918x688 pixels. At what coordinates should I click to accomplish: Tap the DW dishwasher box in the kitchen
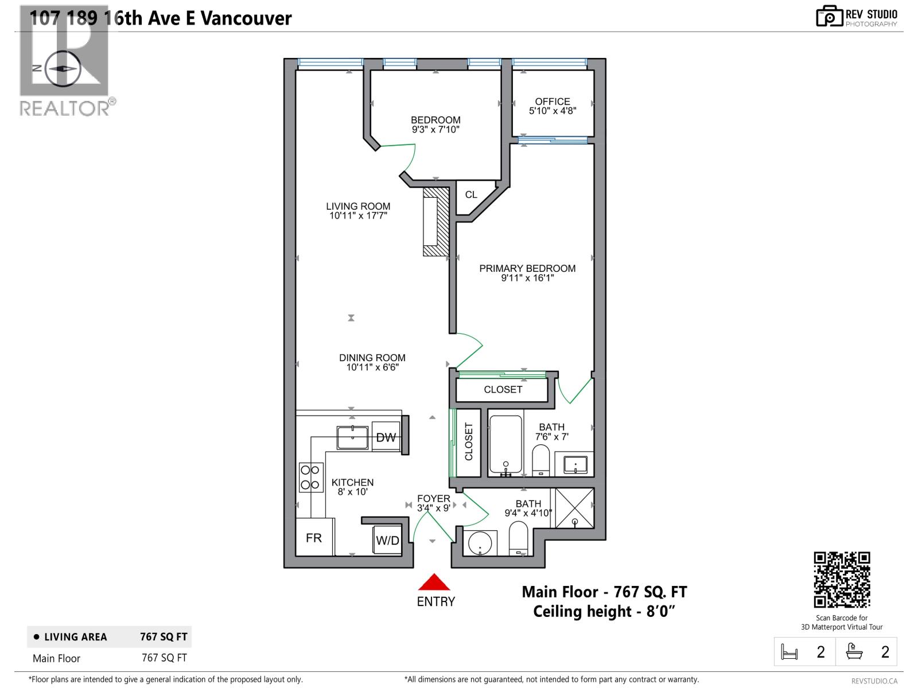pos(386,437)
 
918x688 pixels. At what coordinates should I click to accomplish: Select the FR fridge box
pos(314,537)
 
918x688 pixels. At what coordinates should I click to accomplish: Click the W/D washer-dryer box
pos(387,540)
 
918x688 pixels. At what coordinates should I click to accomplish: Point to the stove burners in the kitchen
pos(310,478)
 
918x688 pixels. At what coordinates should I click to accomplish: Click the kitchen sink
pos(352,437)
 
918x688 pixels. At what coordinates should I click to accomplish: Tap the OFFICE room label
pos(553,101)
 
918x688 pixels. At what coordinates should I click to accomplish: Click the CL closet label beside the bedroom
pos(471,195)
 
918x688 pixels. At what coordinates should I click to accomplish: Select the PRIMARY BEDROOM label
pos(527,268)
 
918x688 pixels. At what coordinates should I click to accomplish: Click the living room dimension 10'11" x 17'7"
pos(359,216)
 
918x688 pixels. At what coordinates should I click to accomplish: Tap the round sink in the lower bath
pos(479,542)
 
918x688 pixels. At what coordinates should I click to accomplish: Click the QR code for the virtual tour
pos(842,580)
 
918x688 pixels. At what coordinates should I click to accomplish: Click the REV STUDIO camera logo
pos(829,17)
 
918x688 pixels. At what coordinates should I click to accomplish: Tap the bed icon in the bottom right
pos(789,652)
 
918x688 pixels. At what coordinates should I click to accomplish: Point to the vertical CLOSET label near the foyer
pos(469,442)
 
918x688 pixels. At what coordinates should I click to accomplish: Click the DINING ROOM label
pos(372,358)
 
